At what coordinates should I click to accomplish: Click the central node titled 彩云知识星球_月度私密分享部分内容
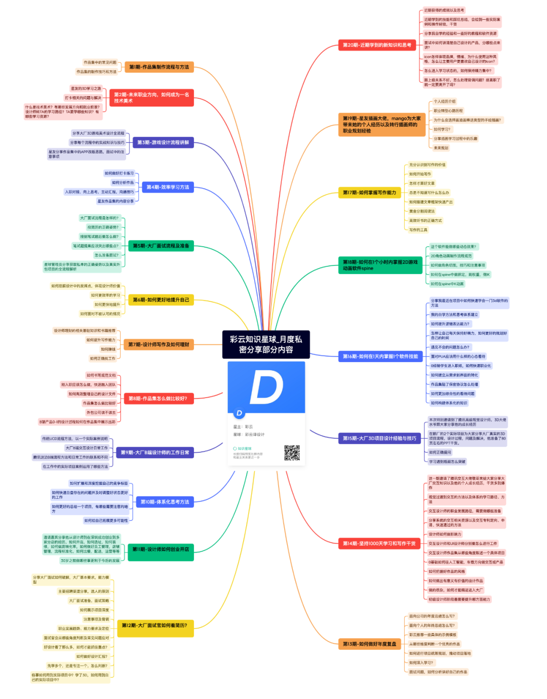266,344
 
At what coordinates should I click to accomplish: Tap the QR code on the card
292,453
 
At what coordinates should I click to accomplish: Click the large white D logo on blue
266,387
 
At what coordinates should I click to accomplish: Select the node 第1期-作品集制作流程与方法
159,67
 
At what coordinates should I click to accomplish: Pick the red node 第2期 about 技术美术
151,98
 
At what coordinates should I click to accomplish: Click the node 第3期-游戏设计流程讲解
163,142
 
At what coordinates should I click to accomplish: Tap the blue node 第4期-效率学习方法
168,187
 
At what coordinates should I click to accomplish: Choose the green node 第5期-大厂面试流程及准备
161,246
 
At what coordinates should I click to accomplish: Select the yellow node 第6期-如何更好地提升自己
161,300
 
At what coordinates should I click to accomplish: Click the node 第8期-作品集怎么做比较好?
158,399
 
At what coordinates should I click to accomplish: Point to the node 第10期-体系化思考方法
165,502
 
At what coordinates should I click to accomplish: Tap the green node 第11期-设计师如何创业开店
161,549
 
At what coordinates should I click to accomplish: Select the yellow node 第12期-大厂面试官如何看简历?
154,626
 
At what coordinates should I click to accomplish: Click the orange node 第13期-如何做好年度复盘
370,644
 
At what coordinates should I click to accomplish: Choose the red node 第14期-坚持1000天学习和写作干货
379,543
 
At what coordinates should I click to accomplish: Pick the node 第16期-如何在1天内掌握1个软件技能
380,356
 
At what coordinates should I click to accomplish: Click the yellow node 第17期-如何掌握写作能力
369,192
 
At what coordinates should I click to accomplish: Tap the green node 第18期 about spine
380,265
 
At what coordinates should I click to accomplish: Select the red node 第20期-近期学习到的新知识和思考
377,45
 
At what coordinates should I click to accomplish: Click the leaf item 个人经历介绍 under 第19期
445,101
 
